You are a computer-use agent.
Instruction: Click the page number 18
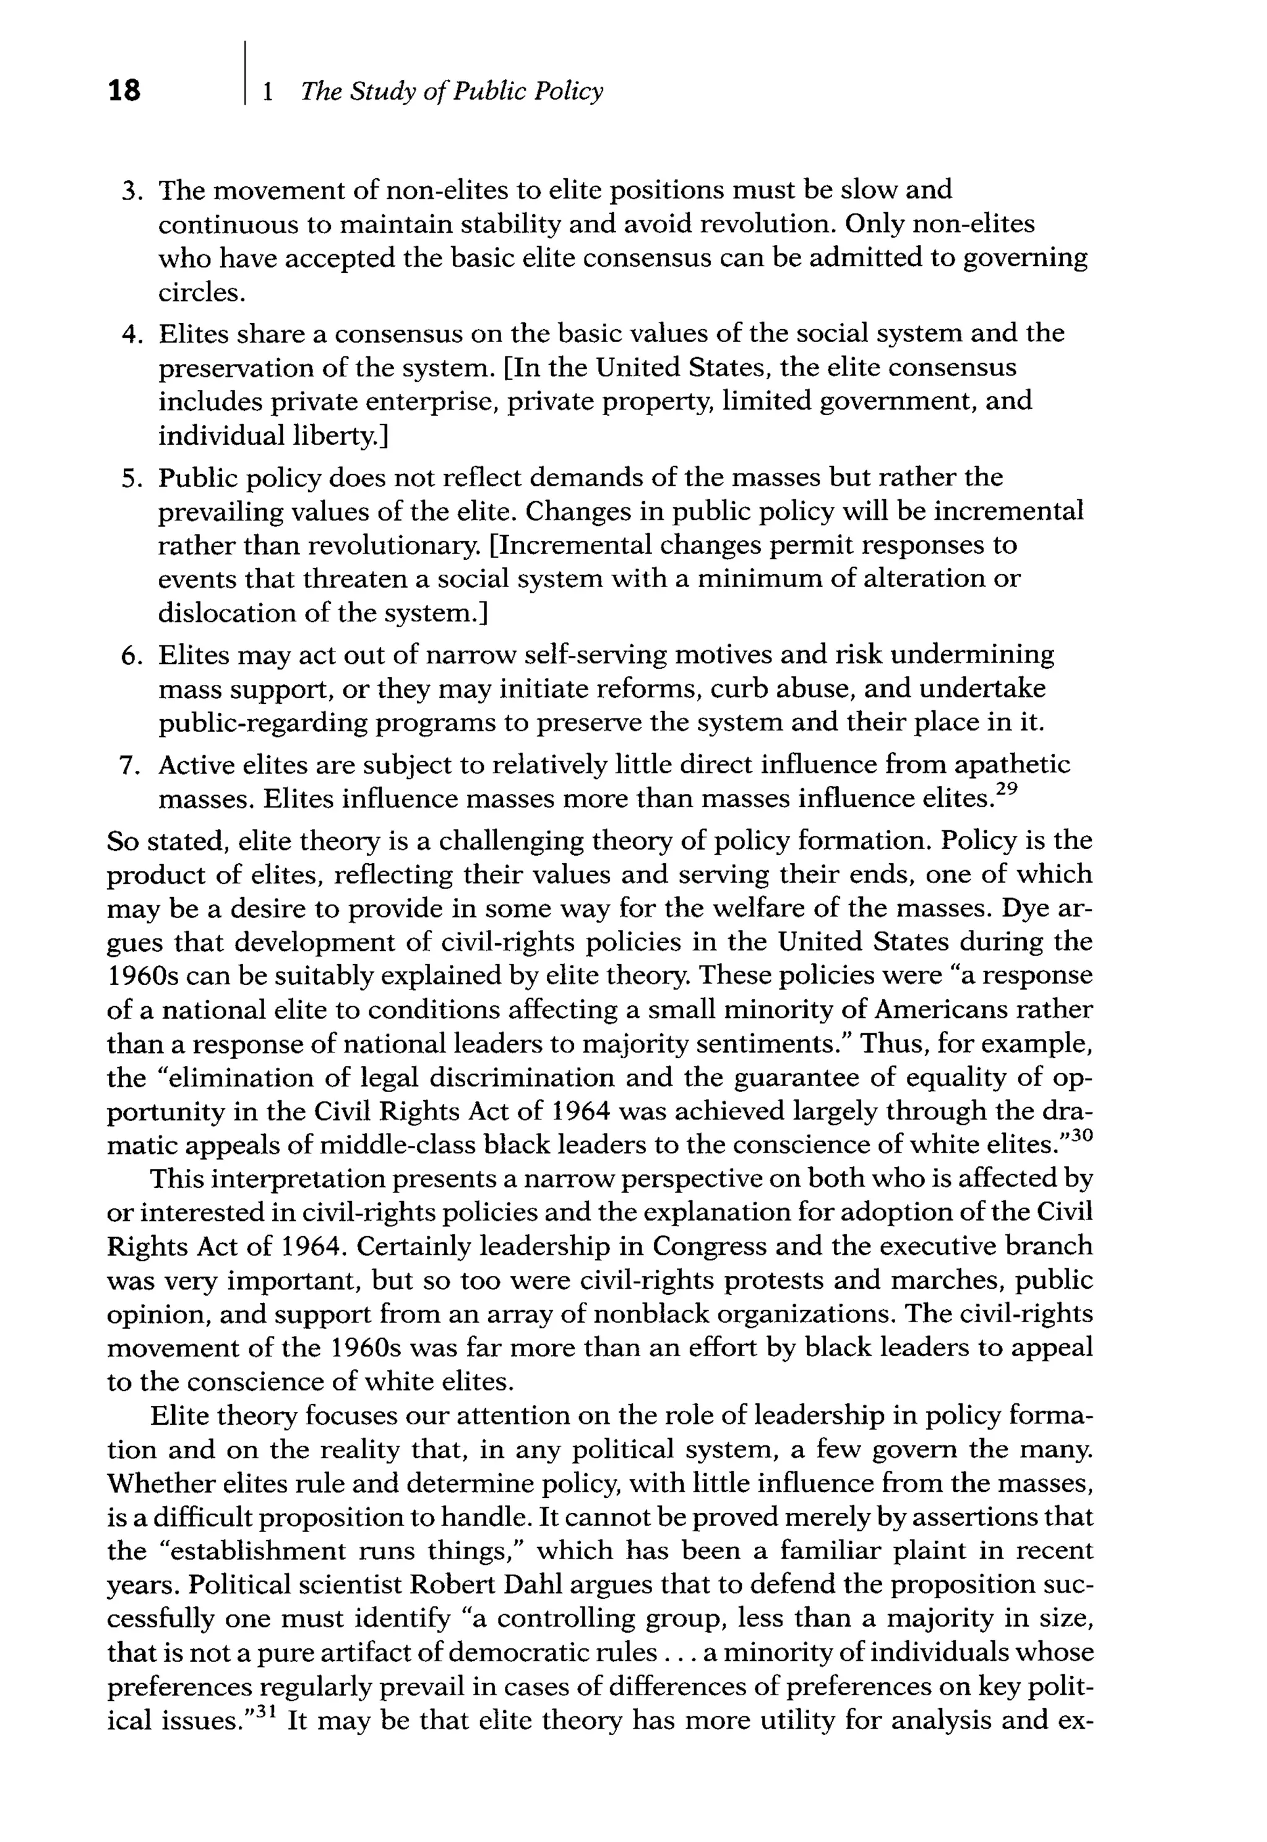click(124, 90)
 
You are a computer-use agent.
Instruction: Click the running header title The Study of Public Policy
click(452, 92)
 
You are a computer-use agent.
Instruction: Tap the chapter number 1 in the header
click(267, 92)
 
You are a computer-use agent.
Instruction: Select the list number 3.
click(130, 191)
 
